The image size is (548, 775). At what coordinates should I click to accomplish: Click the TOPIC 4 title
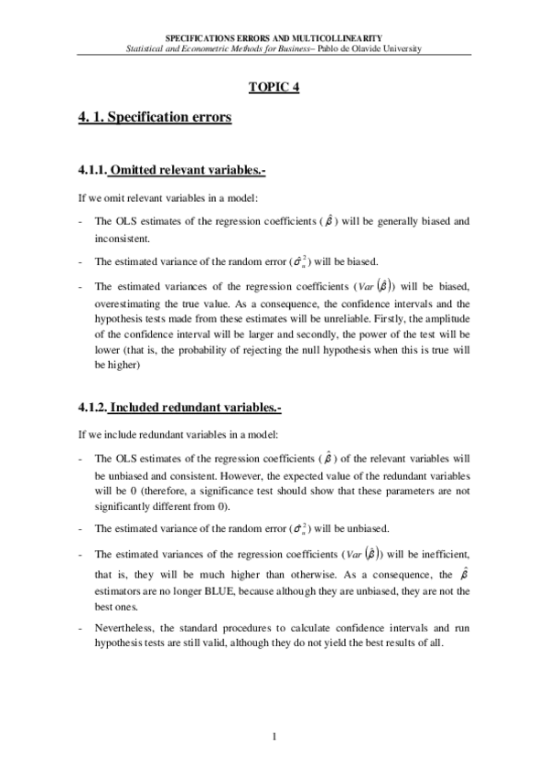[274, 87]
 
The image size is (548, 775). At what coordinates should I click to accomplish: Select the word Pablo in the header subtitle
[332, 48]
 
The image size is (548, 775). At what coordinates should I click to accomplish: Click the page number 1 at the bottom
[274, 738]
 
